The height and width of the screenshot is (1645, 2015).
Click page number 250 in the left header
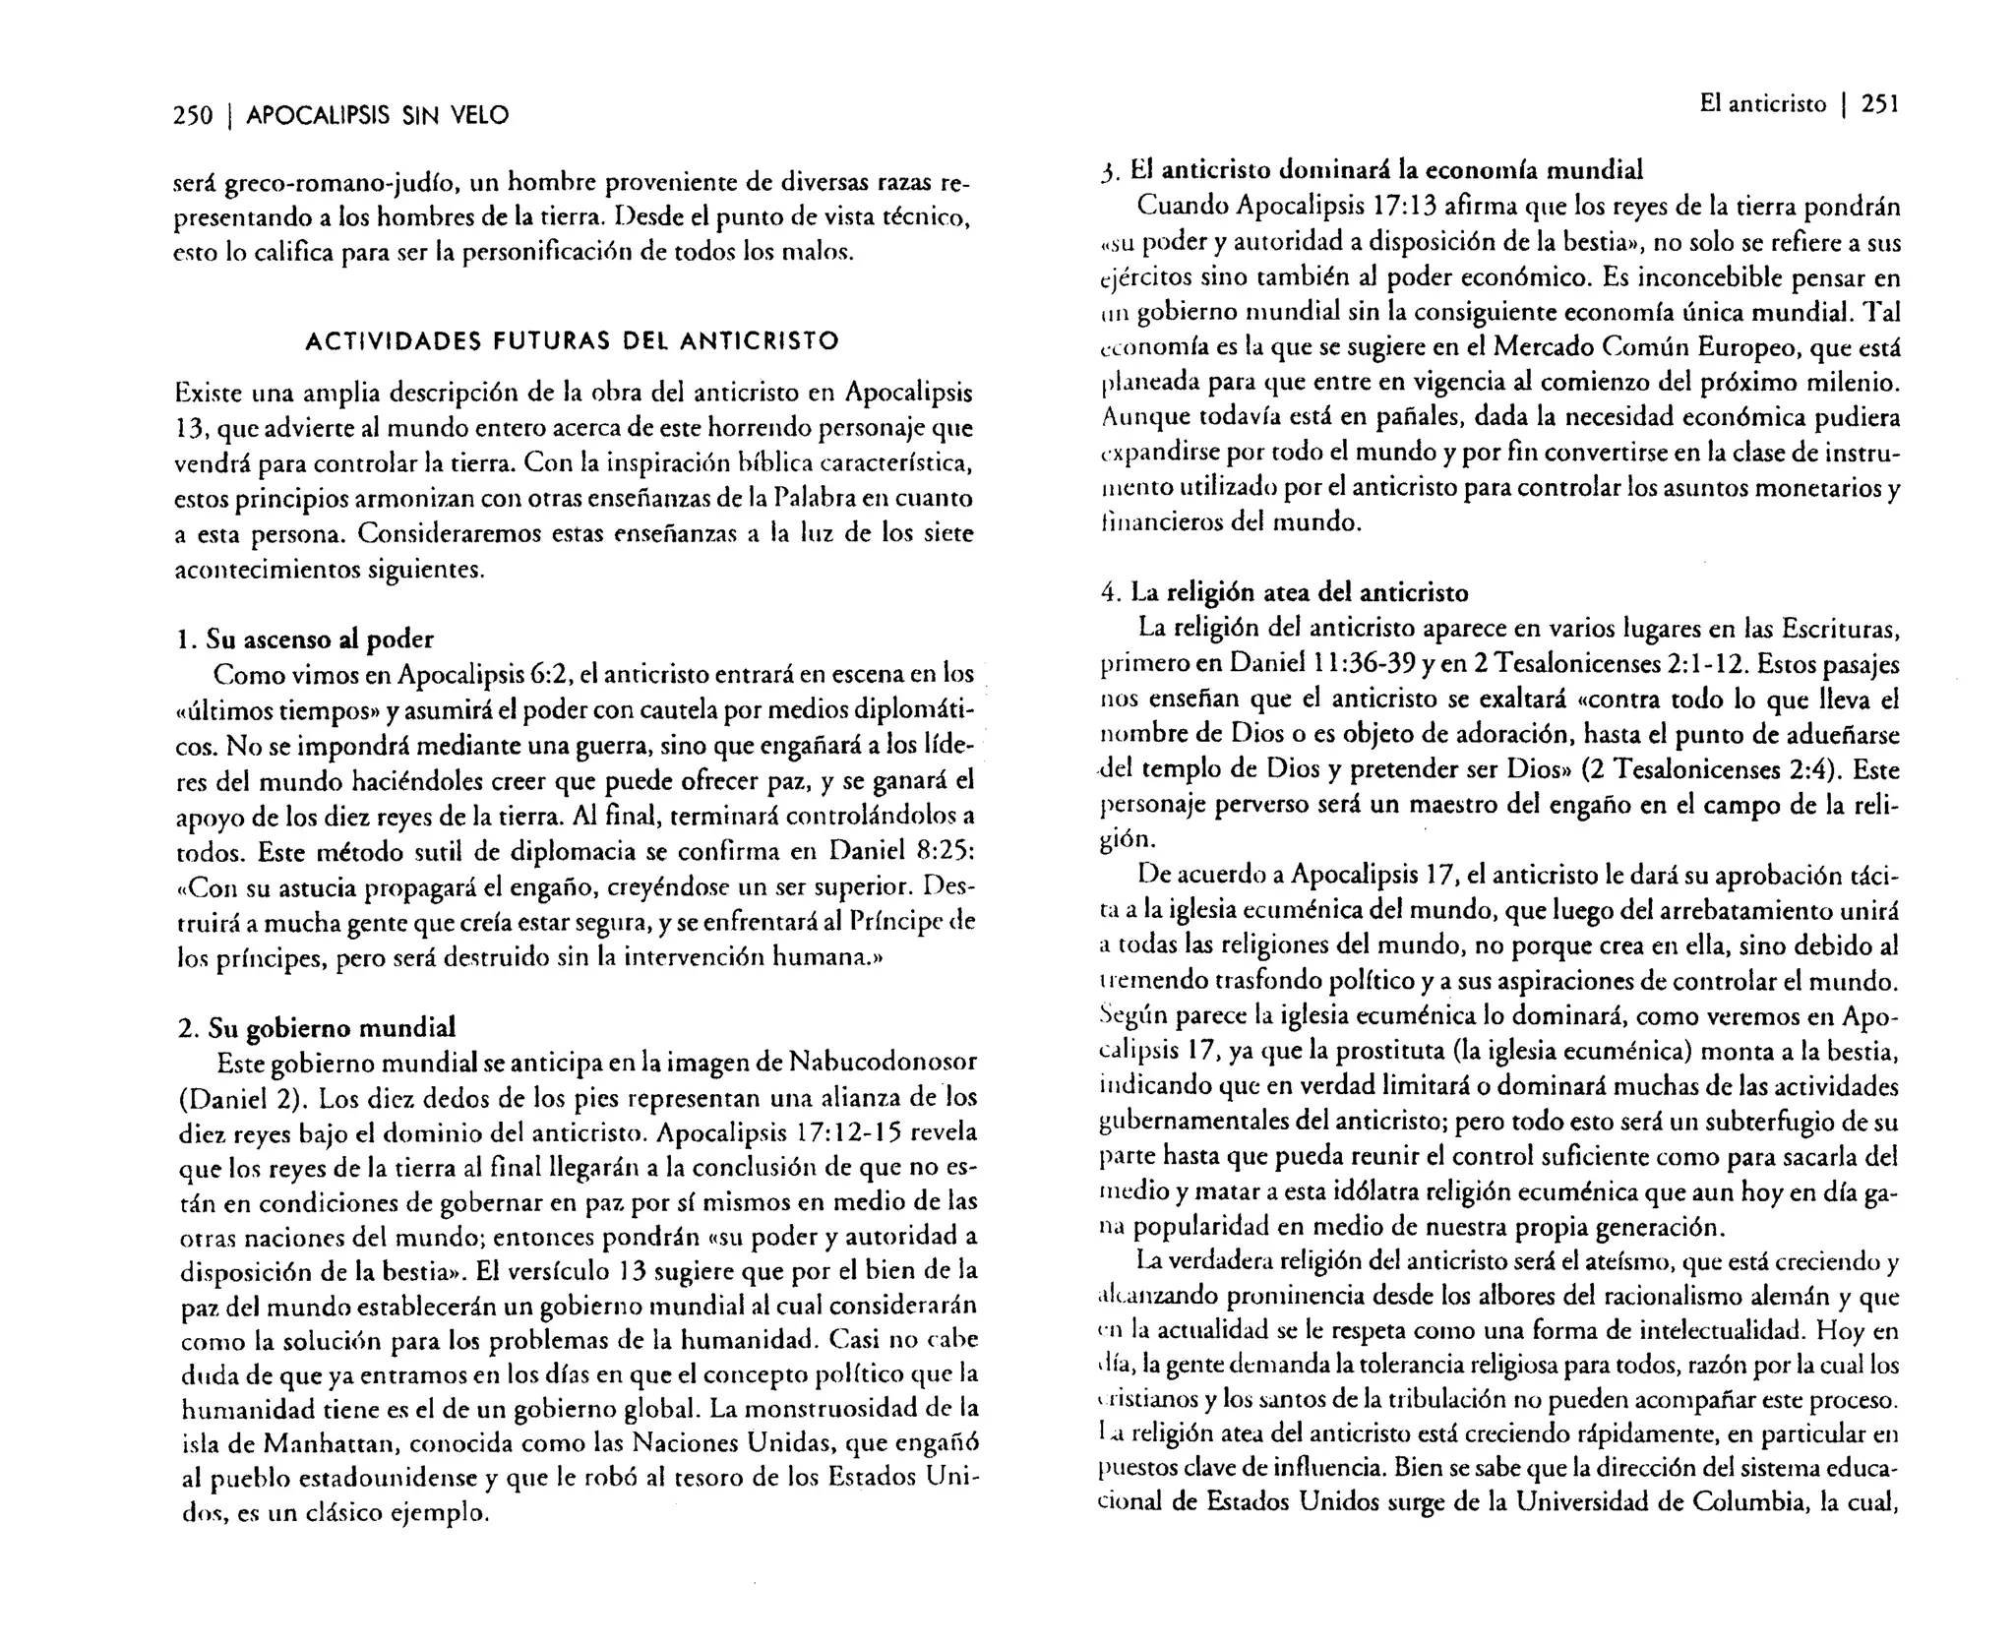[x=192, y=116]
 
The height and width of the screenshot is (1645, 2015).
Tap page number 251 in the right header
[x=1879, y=104]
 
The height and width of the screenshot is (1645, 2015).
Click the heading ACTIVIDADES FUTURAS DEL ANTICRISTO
[x=572, y=341]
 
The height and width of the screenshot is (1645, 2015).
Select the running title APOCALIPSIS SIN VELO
[x=377, y=116]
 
